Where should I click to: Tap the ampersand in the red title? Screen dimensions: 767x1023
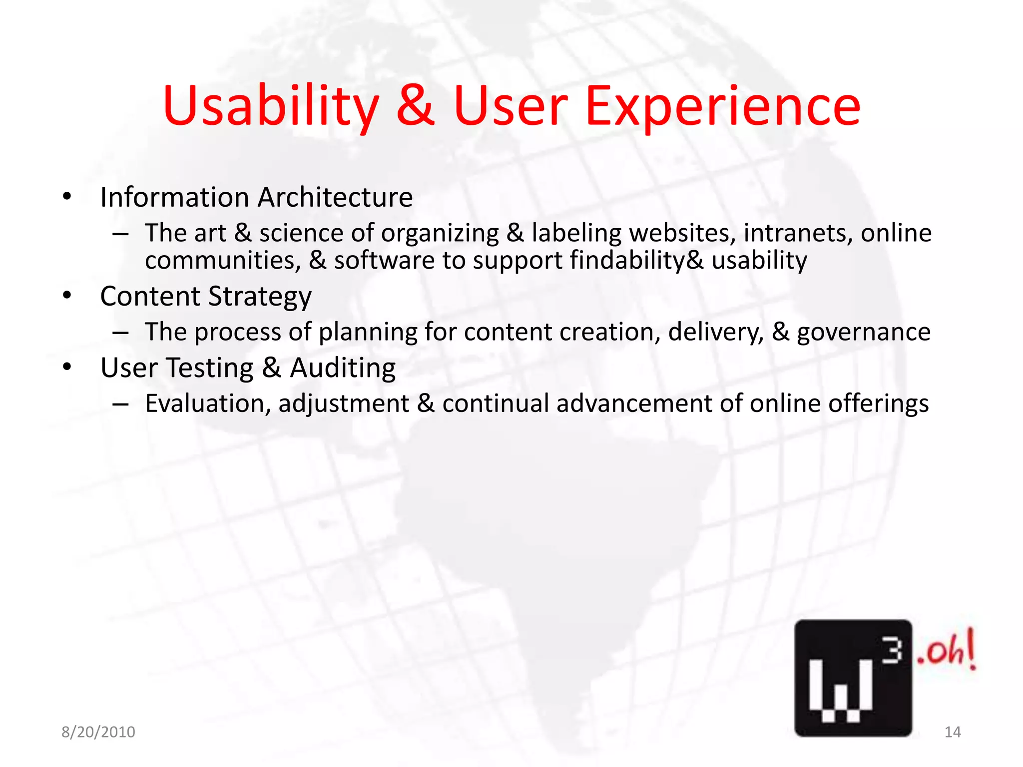[416, 106]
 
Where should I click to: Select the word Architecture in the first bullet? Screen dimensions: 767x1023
[335, 197]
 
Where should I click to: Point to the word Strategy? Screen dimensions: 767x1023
[260, 297]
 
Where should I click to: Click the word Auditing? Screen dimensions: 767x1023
[343, 369]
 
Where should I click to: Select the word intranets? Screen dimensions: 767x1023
[797, 233]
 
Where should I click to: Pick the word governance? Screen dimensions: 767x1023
[864, 332]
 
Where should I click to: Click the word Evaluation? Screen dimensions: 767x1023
[208, 403]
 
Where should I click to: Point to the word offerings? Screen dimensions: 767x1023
[879, 403]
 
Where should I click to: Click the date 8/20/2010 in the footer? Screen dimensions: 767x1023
[98, 732]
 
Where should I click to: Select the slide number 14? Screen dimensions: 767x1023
[953, 732]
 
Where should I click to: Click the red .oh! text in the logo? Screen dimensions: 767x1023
[946, 651]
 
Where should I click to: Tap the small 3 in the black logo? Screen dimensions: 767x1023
[891, 651]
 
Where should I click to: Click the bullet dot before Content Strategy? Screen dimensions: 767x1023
[67, 296]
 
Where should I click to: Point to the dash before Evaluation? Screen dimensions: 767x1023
[121, 403]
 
